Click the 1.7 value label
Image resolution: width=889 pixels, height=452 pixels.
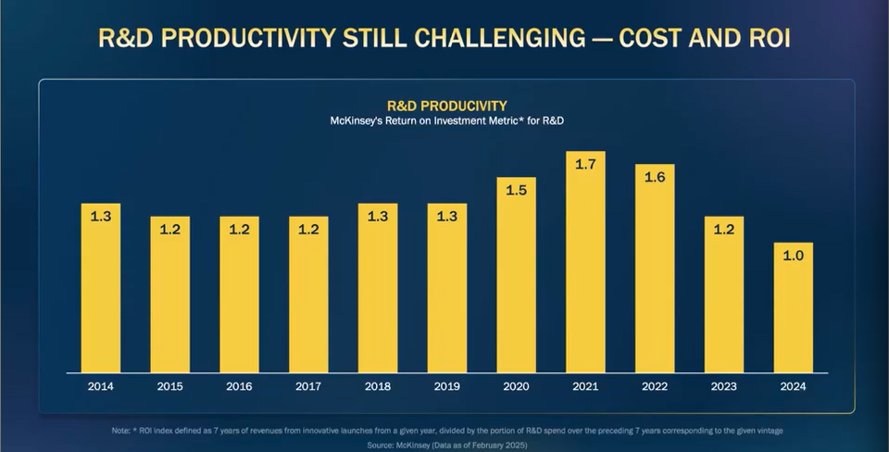pos(585,164)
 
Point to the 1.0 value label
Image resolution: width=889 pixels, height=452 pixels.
pos(793,256)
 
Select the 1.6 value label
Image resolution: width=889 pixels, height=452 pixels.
pos(655,177)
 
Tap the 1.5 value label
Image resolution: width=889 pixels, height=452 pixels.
pos(516,190)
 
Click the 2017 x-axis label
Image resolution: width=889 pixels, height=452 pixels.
pos(308,385)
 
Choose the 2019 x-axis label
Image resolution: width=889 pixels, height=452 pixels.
pos(446,385)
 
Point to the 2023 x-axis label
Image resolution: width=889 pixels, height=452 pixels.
pos(723,385)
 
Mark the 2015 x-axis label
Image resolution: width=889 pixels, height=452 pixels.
pos(169,385)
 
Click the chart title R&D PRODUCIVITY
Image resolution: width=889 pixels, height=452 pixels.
pos(446,106)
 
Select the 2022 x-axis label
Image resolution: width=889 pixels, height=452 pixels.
pos(655,385)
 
